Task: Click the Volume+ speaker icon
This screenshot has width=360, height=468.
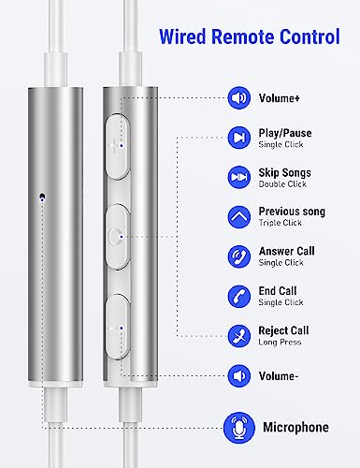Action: (x=238, y=98)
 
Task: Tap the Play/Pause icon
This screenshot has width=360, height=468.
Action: (x=238, y=138)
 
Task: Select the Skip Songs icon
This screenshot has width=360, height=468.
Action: (x=238, y=177)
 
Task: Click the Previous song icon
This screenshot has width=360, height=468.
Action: (x=238, y=217)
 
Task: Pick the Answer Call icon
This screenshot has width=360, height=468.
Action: (x=238, y=256)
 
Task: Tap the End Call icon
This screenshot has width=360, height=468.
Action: (x=238, y=297)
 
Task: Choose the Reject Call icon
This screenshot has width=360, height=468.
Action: (x=238, y=336)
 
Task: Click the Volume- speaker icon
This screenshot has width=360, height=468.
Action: (x=238, y=376)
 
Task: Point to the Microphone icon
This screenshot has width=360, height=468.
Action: (x=239, y=428)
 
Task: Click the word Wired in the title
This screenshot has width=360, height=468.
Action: (x=182, y=37)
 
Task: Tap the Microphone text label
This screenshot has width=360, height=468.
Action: (x=295, y=428)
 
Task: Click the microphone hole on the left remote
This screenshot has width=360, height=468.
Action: (x=42, y=197)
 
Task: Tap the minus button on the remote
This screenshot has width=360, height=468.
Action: (x=117, y=327)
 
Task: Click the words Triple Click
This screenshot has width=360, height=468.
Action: (x=280, y=223)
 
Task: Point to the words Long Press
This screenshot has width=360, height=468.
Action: (x=280, y=343)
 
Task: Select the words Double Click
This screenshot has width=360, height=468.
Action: (x=282, y=184)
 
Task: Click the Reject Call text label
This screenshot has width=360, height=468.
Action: (x=283, y=330)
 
